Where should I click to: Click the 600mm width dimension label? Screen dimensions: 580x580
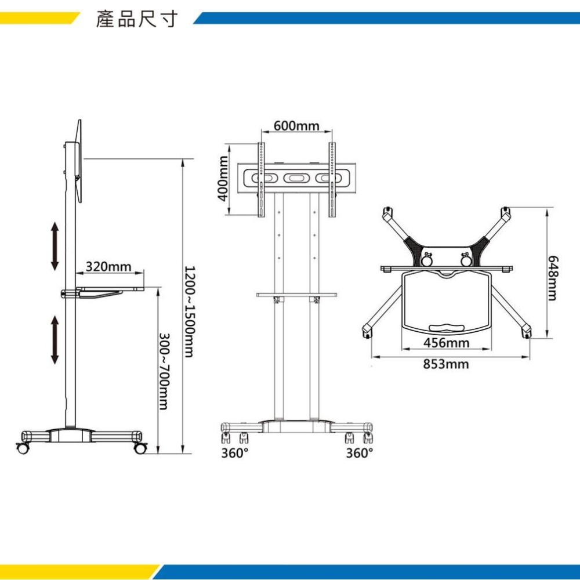(296, 126)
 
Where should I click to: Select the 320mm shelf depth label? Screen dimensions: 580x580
(108, 267)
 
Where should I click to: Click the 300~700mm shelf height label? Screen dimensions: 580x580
(165, 371)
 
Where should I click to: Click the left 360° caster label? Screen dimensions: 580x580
(235, 453)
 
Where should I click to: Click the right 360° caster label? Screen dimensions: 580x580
(360, 453)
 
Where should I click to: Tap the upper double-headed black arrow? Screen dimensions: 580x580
(55, 245)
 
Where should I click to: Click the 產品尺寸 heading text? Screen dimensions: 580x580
(136, 20)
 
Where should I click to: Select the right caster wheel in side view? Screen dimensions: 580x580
(140, 448)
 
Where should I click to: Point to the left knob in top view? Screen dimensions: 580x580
(427, 259)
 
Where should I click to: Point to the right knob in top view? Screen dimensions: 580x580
(465, 259)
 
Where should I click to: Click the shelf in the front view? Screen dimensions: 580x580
(296, 295)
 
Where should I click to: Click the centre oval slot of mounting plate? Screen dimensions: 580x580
(296, 177)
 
